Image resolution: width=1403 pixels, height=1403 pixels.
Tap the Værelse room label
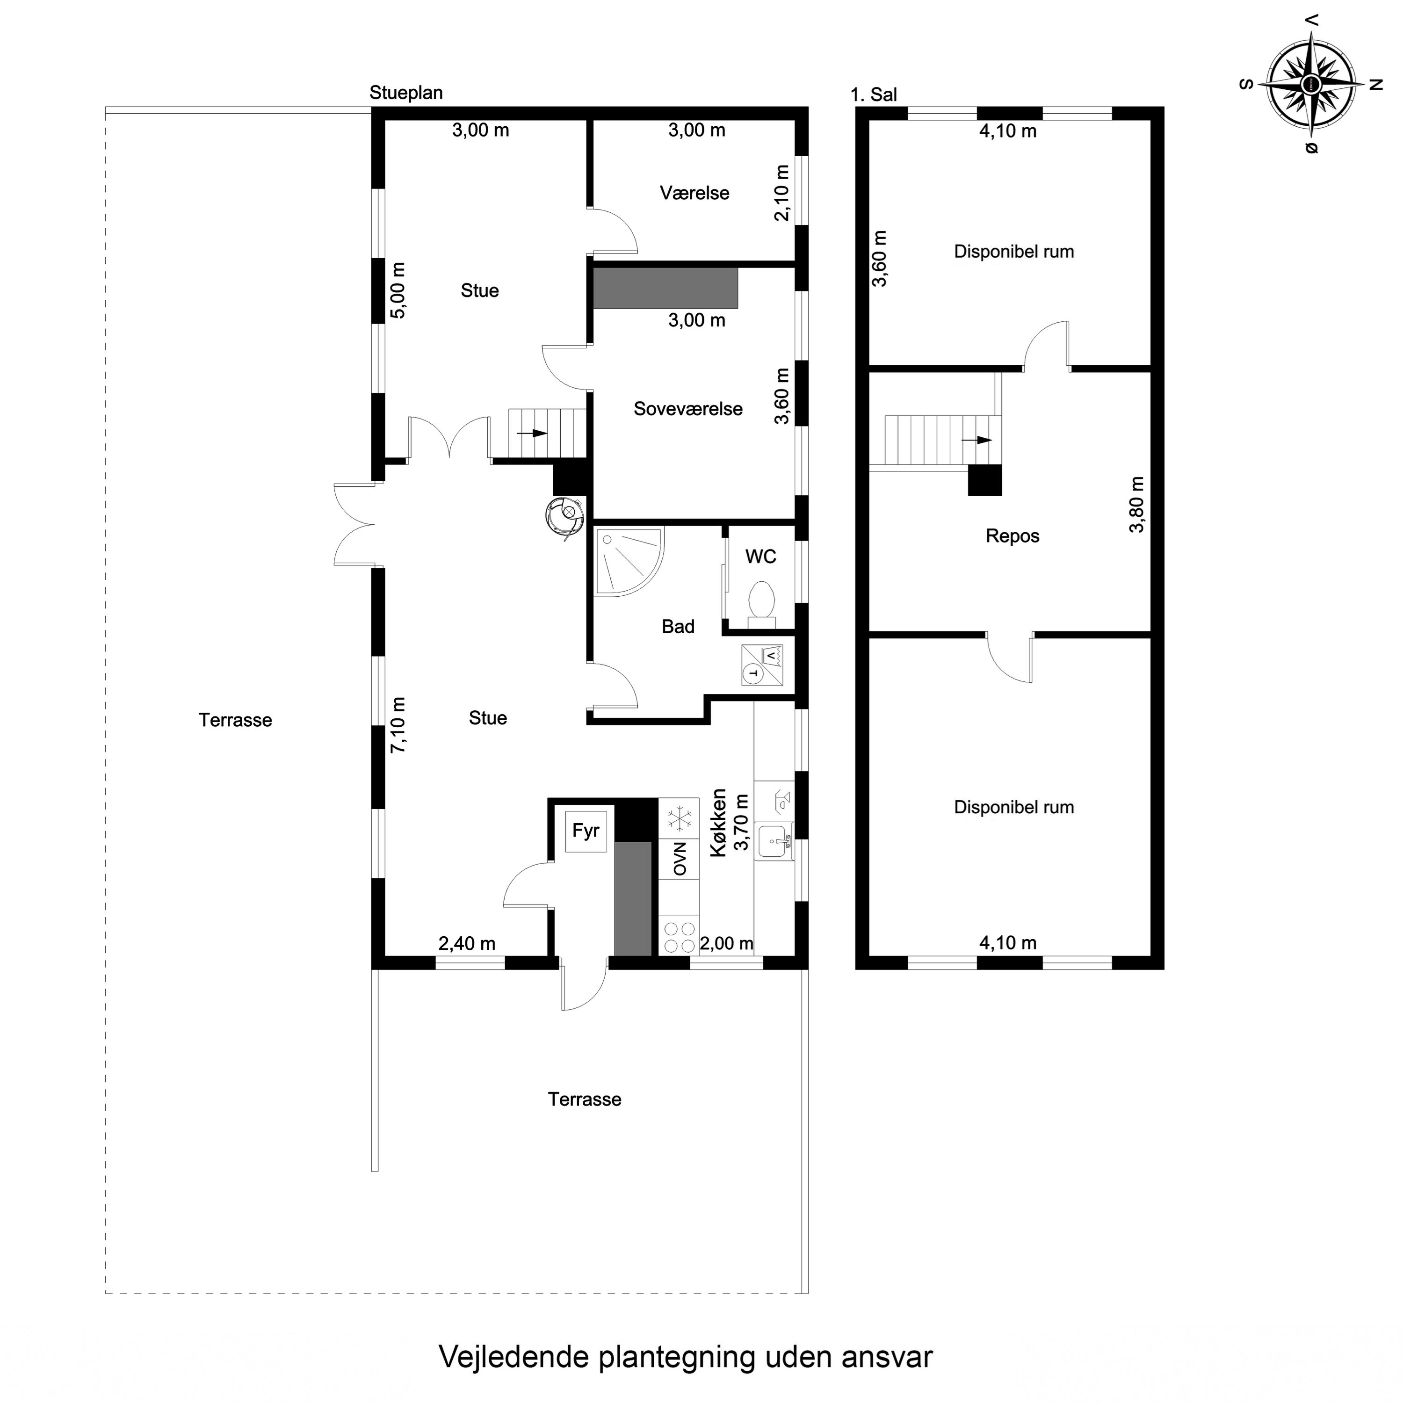coord(694,193)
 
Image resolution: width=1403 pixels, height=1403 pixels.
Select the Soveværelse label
coord(687,409)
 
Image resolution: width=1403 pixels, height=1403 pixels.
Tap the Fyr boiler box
coord(586,831)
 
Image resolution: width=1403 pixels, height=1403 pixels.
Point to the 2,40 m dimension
coord(466,943)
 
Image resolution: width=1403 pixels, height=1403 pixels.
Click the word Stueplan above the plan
coord(406,93)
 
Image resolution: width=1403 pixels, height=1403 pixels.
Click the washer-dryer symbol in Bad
coord(762,665)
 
